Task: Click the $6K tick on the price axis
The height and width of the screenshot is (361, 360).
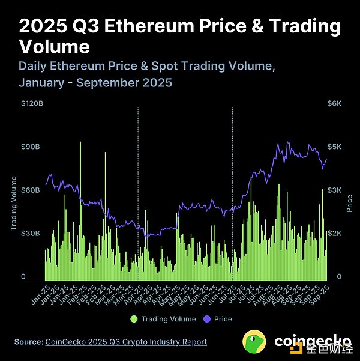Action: (x=334, y=103)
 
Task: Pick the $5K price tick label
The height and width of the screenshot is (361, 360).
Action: (x=334, y=147)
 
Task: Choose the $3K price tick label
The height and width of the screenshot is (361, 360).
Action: (x=334, y=190)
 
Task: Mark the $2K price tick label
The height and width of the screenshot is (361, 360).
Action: (x=334, y=233)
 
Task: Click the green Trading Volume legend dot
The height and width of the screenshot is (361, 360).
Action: (x=134, y=319)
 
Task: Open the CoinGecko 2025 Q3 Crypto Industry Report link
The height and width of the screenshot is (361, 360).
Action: (x=126, y=342)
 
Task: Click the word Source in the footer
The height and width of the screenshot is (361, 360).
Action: (x=28, y=342)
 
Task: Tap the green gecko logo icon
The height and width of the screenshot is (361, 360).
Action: (x=254, y=341)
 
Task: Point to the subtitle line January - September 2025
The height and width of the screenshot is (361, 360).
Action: (x=95, y=82)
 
